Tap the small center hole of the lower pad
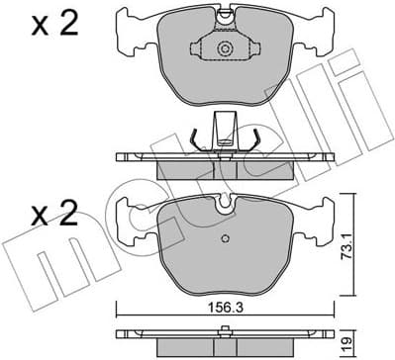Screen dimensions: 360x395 pos(227,237)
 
